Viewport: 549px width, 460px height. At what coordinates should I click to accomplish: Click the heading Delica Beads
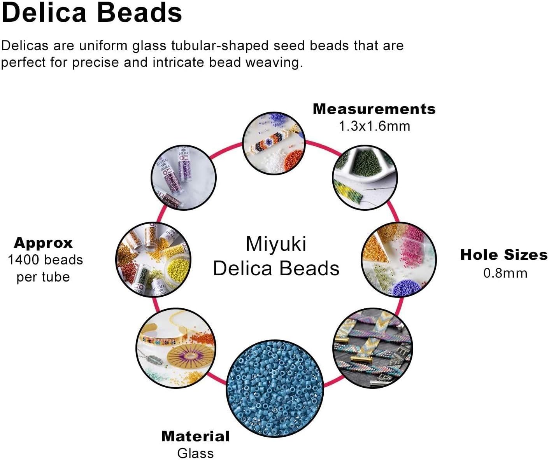[x=91, y=12]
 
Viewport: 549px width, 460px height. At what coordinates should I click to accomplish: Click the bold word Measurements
[x=374, y=109]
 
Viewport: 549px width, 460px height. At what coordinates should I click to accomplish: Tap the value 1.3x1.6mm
[x=374, y=126]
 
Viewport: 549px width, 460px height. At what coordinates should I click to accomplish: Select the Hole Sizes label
[x=504, y=255]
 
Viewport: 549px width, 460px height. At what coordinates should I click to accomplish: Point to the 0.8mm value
[x=505, y=273]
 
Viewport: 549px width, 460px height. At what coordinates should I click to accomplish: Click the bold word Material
[x=195, y=436]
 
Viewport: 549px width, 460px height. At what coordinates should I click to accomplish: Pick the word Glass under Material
[x=195, y=453]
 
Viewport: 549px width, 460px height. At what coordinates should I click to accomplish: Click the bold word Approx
[x=43, y=243]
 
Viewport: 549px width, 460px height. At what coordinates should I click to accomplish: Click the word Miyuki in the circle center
[x=276, y=244]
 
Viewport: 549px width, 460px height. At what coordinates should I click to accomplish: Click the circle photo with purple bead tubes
[x=183, y=177]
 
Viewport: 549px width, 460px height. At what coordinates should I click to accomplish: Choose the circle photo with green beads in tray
[x=365, y=178]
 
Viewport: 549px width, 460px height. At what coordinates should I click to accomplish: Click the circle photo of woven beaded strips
[x=373, y=348]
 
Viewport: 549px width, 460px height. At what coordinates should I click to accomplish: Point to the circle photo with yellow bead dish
[x=153, y=259]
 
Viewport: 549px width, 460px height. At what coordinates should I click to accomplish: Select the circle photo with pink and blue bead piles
[x=399, y=259]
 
